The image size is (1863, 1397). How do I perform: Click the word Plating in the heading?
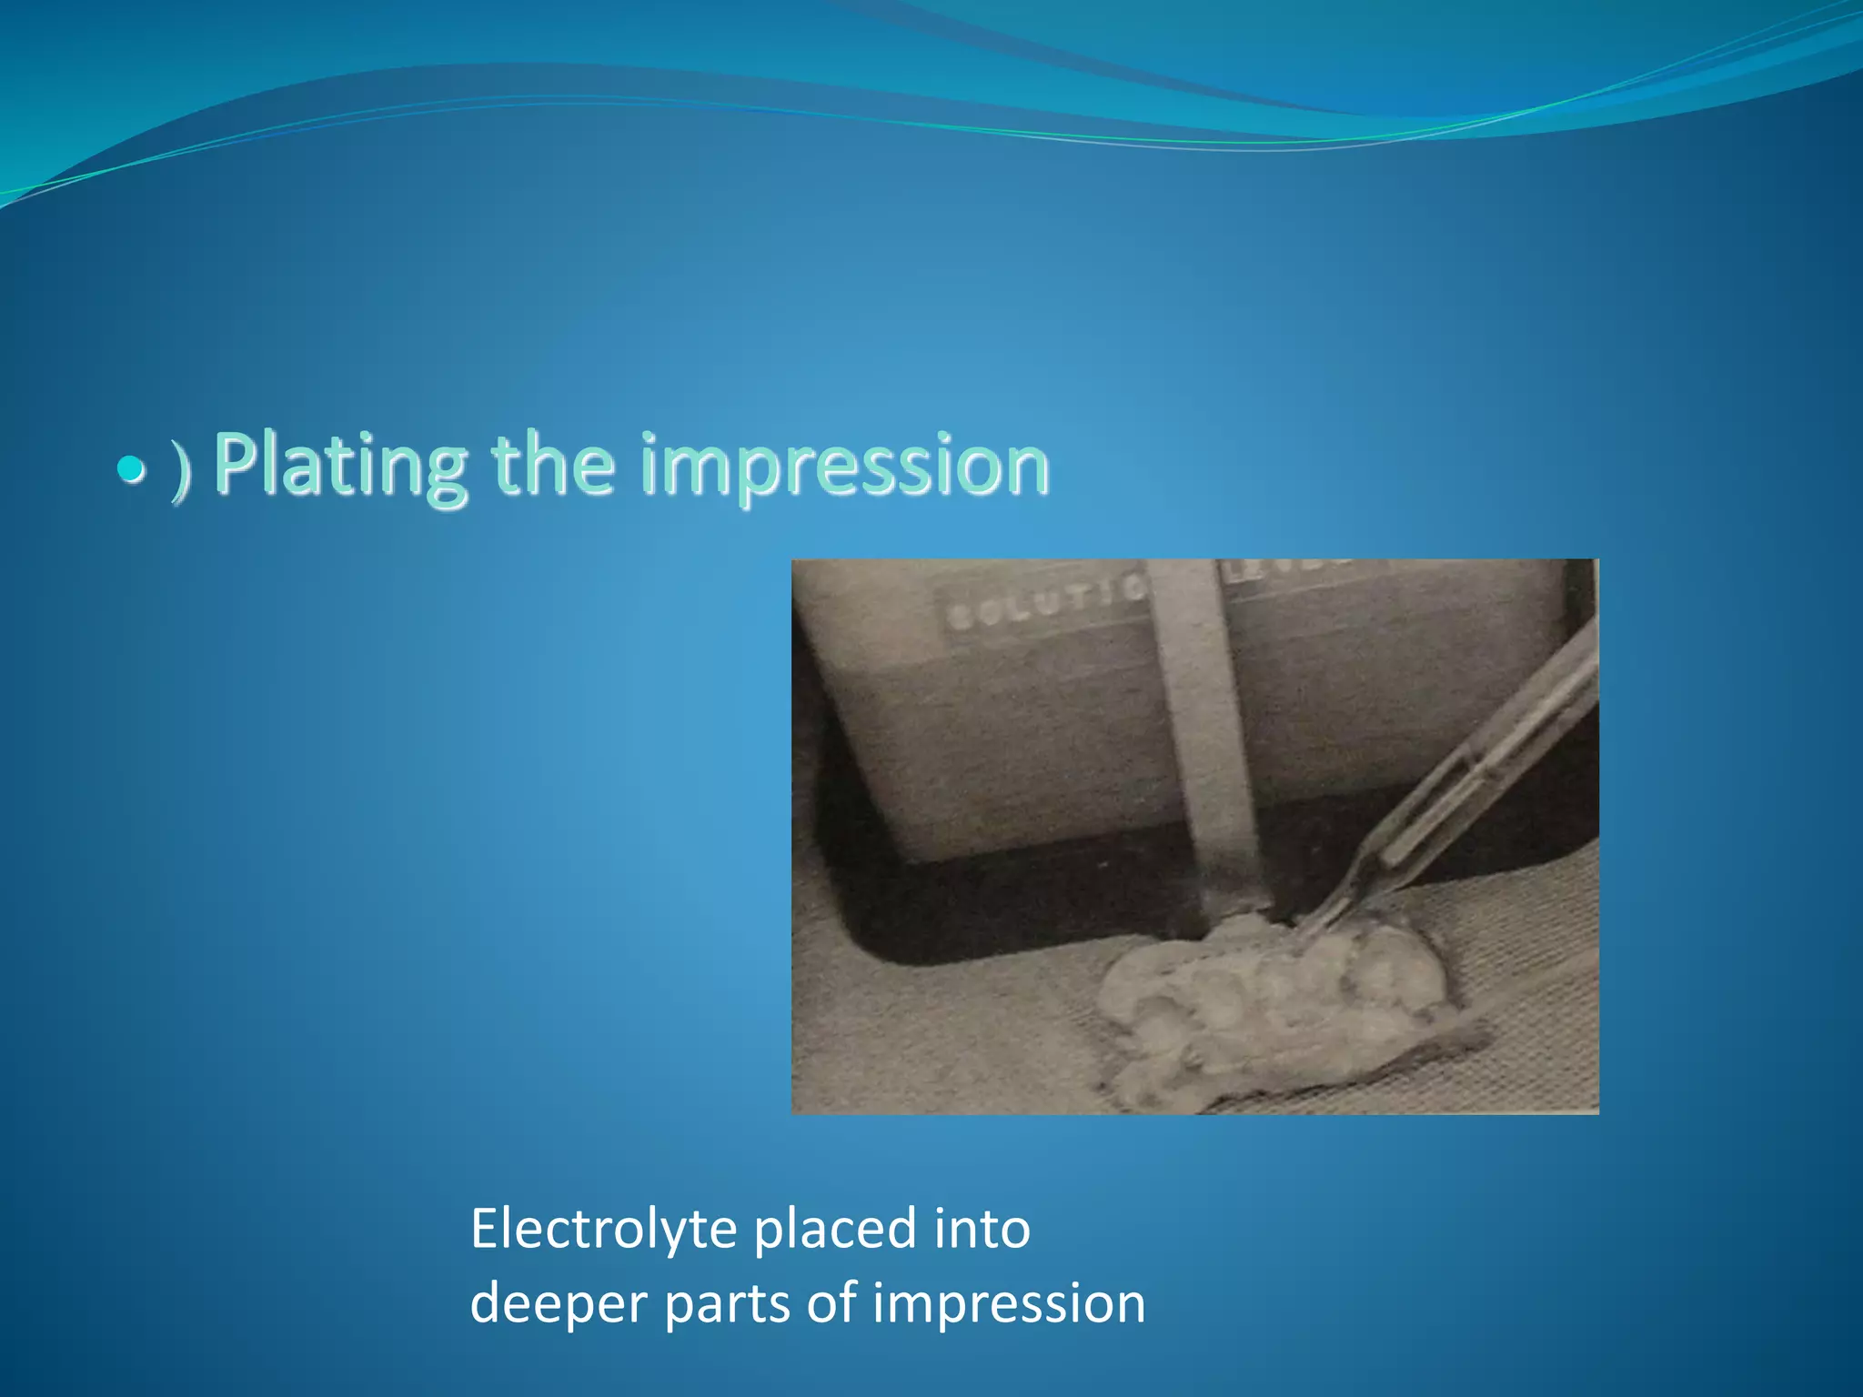[x=341, y=466]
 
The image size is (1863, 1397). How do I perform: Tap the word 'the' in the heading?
[x=552, y=466]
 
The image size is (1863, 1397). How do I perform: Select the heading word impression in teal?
[x=844, y=466]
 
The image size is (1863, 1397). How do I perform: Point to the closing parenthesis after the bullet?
[x=182, y=473]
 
